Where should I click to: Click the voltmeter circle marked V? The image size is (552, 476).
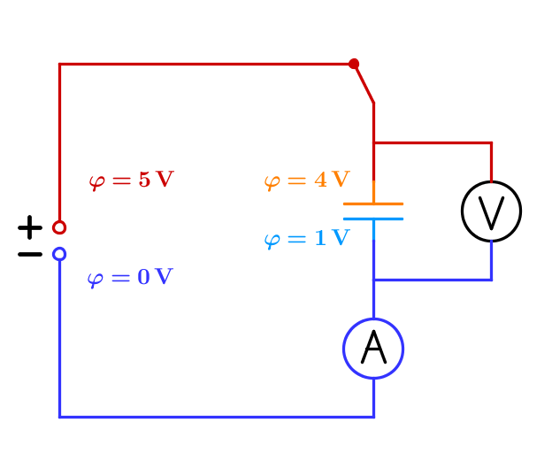(x=491, y=211)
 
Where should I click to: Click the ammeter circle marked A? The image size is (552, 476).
(x=373, y=349)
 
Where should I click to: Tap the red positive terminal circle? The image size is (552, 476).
(x=59, y=227)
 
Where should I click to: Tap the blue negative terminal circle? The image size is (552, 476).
(x=59, y=254)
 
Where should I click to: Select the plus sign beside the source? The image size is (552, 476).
(x=30, y=227)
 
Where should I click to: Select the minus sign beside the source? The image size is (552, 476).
(x=30, y=255)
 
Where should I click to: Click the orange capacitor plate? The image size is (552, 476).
(x=373, y=204)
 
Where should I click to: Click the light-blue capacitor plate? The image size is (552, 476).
(x=373, y=218)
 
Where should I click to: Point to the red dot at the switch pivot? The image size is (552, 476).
(x=354, y=64)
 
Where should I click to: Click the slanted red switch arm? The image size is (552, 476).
(x=364, y=83)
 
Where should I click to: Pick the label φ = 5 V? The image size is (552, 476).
(x=131, y=180)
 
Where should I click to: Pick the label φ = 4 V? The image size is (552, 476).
(x=307, y=180)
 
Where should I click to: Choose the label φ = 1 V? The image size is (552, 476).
(x=307, y=239)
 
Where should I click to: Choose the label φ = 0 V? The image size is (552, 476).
(x=130, y=278)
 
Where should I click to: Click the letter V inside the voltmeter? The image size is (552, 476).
(x=491, y=211)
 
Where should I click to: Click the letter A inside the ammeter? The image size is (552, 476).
(x=373, y=349)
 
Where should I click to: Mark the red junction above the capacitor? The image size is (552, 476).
(x=373, y=142)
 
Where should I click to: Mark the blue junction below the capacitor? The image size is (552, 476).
(x=373, y=280)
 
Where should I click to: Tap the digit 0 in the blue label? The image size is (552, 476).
(x=143, y=278)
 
